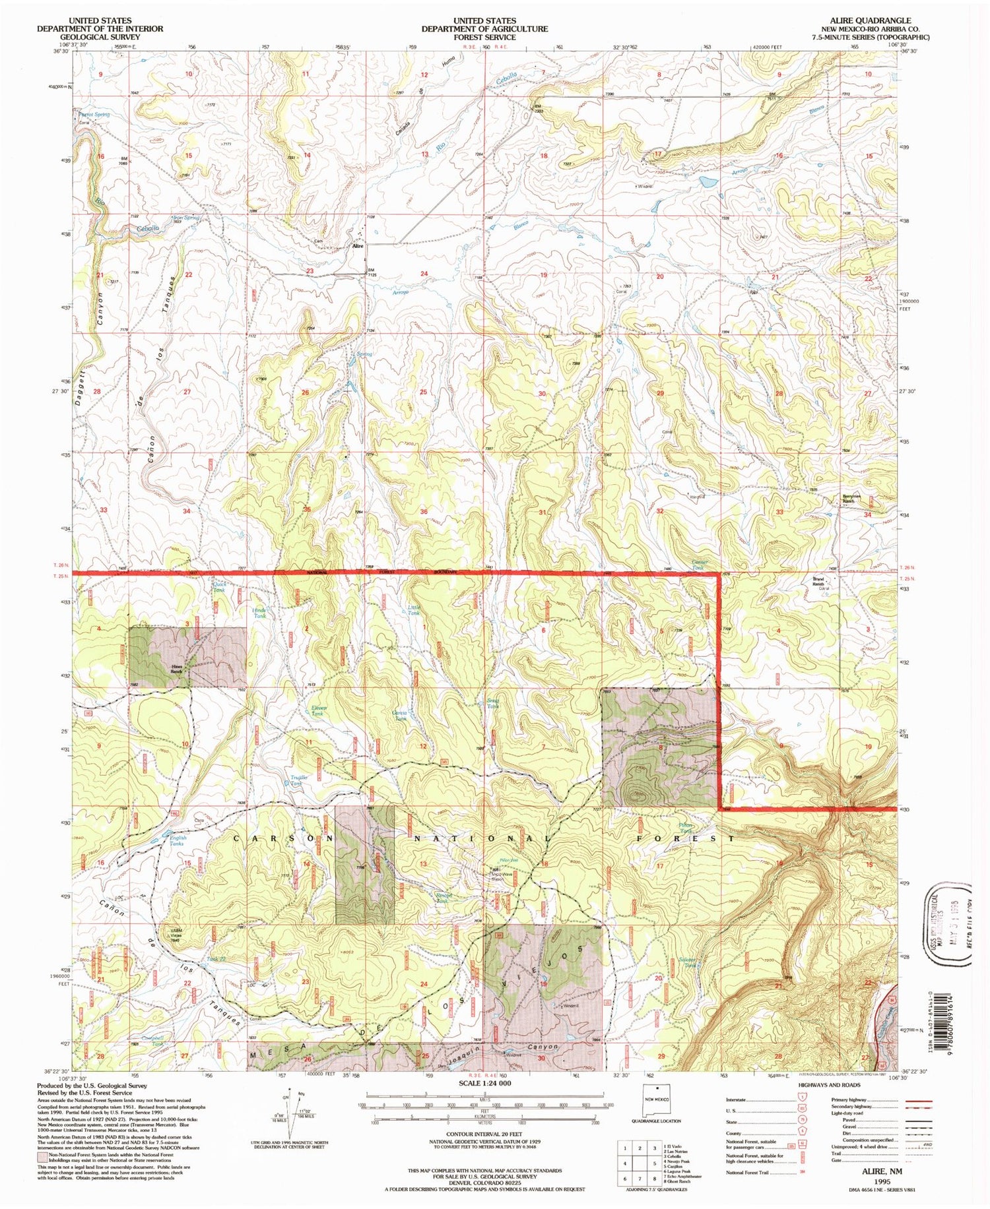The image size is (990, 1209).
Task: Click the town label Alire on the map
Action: (x=358, y=246)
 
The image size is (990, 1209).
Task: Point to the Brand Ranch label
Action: (x=818, y=582)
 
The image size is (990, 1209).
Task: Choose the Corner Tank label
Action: (x=699, y=565)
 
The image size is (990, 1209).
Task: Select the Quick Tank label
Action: (x=219, y=586)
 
